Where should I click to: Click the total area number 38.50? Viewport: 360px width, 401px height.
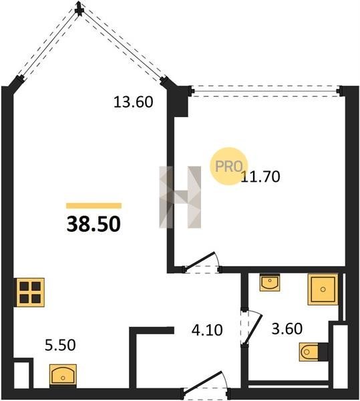point(94,224)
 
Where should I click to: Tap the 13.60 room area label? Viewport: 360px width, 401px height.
point(133,102)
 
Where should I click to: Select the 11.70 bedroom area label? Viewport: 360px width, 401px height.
point(260,176)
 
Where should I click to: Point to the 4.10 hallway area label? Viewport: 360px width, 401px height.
point(207,330)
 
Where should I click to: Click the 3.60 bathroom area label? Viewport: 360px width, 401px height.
point(287,329)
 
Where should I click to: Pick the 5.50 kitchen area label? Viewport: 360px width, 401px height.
point(60,345)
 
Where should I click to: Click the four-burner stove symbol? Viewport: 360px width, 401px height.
point(30,292)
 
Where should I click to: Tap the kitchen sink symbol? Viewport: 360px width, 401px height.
point(63,375)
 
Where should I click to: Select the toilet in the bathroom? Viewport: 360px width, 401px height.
point(313,352)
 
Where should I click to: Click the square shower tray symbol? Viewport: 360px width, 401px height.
point(323,289)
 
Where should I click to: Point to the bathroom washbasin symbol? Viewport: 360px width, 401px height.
point(270,282)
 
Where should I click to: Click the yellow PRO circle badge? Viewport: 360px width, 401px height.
point(228,166)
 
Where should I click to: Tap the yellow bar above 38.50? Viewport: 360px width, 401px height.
point(94,206)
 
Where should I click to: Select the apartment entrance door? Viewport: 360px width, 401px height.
point(206,386)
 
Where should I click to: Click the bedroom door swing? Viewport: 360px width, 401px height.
point(201,263)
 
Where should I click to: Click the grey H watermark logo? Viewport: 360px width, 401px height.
point(180,197)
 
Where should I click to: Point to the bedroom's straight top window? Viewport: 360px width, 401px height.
point(266,91)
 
